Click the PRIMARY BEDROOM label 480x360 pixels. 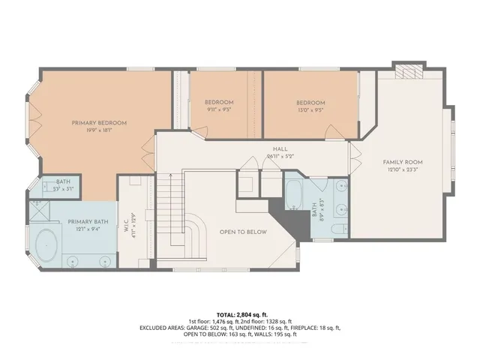click(98, 122)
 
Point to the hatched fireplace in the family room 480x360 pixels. click(409, 71)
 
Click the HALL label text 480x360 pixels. click(280, 148)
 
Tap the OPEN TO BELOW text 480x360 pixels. click(243, 232)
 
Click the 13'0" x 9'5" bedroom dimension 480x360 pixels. click(310, 109)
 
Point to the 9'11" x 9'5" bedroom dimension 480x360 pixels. click(219, 109)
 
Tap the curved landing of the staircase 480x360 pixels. click(196, 229)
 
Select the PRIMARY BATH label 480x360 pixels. click(84, 222)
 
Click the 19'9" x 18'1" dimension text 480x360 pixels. click(98, 130)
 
